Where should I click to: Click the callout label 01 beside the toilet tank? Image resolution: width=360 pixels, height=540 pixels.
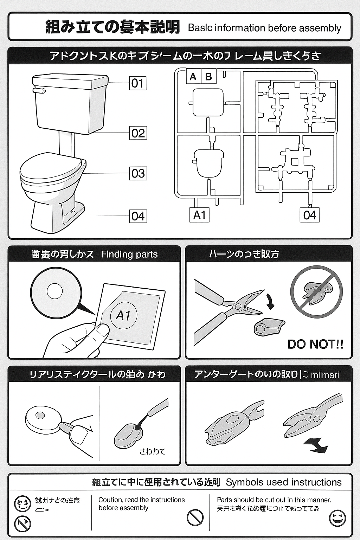click(137, 83)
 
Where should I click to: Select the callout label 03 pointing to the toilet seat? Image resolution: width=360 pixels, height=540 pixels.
click(138, 173)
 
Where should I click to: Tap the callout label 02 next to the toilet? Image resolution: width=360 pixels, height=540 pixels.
click(138, 133)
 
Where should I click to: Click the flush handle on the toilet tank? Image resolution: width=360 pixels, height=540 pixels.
click(39, 91)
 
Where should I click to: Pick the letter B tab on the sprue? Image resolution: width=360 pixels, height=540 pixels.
click(208, 76)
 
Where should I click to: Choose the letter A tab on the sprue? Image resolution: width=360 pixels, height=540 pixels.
click(193, 76)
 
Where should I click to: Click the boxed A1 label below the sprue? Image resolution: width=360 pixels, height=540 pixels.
click(199, 215)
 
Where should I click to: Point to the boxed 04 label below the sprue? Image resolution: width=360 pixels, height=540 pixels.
click(310, 215)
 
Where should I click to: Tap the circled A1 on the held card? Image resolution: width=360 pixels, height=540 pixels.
click(123, 315)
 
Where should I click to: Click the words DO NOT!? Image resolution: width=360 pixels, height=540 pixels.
click(315, 344)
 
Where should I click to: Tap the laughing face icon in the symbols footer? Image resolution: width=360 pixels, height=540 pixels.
click(337, 518)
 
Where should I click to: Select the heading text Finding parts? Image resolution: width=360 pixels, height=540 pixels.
click(129, 254)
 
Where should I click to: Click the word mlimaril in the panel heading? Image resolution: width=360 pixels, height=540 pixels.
click(326, 375)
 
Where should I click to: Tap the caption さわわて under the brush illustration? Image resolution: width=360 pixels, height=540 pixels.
click(152, 451)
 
